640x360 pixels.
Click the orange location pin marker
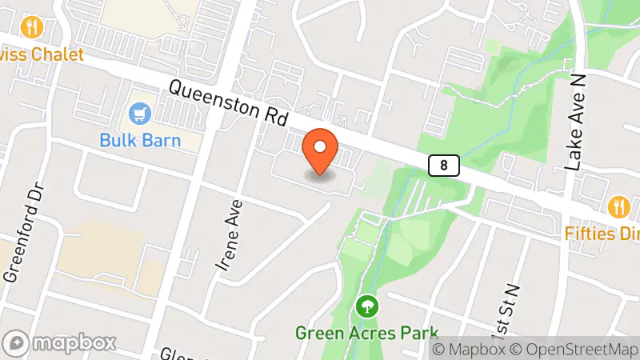[321, 150]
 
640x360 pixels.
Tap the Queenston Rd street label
[228, 103]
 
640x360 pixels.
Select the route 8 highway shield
[443, 166]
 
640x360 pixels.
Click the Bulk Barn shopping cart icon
[141, 114]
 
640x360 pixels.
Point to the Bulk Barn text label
[140, 141]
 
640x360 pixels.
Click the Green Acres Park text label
[367, 332]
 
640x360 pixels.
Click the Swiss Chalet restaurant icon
[32, 27]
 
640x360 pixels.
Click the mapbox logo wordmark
[74, 343]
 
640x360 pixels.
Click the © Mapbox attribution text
[470, 349]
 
